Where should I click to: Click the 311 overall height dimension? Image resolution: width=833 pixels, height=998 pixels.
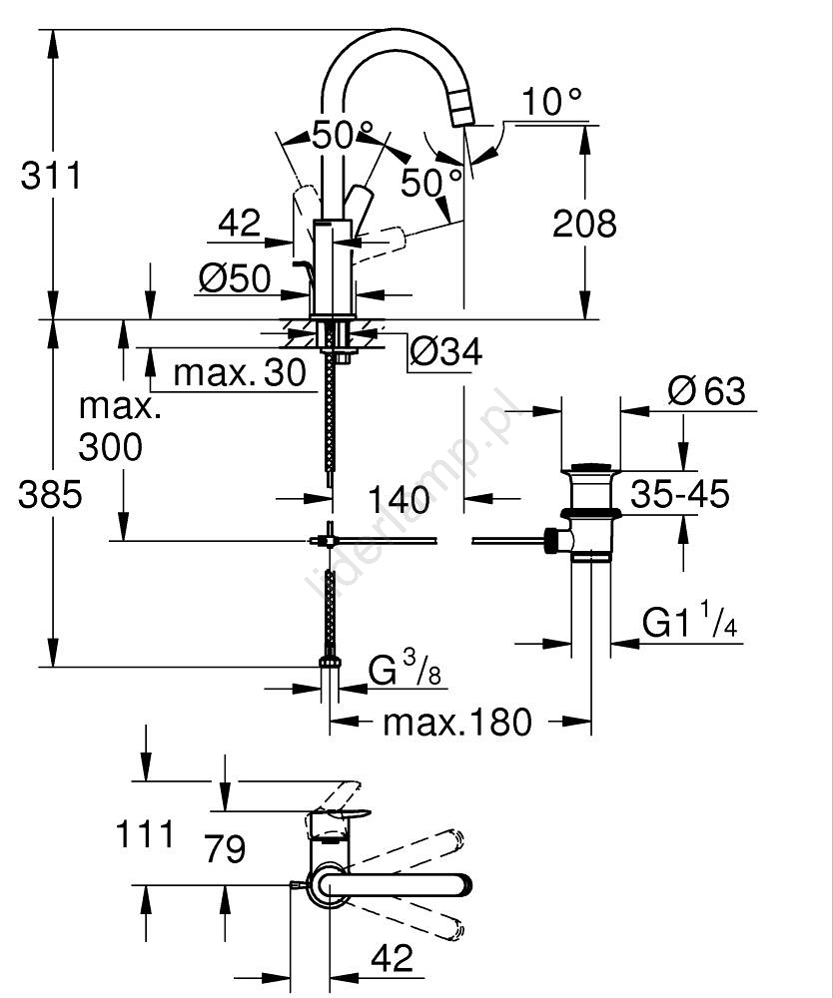(51, 177)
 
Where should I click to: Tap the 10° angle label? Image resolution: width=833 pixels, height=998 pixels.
(551, 102)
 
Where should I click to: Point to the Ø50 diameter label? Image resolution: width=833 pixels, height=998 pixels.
(235, 280)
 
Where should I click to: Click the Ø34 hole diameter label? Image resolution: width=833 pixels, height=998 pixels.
(446, 351)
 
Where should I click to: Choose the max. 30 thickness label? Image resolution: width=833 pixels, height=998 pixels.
(239, 373)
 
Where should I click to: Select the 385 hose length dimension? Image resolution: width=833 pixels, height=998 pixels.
(50, 494)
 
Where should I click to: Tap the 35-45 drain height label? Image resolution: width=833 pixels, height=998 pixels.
(679, 494)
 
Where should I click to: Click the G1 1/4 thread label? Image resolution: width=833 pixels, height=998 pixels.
(690, 625)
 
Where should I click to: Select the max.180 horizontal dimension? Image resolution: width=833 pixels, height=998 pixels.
(457, 722)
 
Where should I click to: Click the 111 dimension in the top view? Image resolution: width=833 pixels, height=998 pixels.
(146, 833)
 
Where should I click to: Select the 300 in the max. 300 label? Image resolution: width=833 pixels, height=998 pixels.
(110, 448)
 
